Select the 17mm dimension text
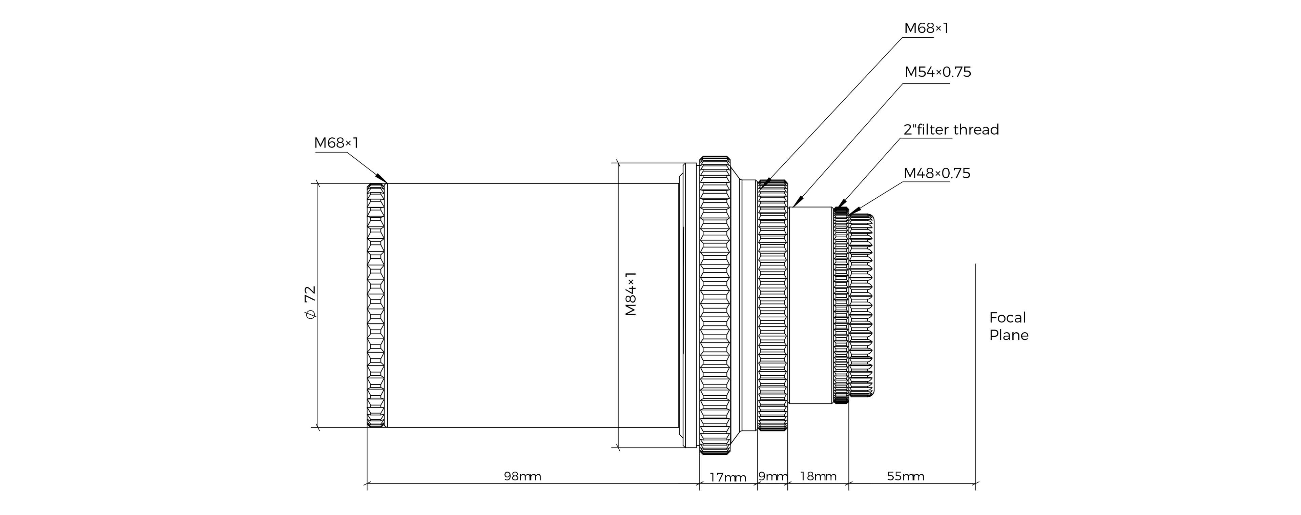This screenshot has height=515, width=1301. [728, 477]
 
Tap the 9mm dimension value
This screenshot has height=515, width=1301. [773, 476]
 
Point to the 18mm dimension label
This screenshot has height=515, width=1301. [818, 476]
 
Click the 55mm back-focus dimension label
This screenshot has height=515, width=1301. [906, 476]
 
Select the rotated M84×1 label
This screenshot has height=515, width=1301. [631, 294]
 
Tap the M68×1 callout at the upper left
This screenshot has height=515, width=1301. [336, 143]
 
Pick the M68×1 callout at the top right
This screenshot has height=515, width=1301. [926, 28]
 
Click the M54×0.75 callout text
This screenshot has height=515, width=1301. [938, 72]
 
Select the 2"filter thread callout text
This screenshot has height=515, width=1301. [951, 130]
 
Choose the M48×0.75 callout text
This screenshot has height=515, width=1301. [937, 173]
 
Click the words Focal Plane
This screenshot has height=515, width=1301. [1009, 326]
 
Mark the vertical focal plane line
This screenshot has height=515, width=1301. [976, 377]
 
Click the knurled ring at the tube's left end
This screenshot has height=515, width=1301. [377, 306]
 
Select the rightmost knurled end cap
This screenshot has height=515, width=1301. [862, 305]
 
